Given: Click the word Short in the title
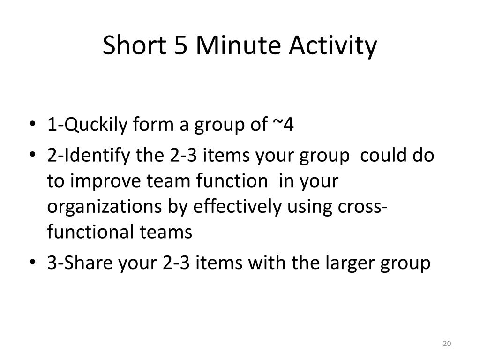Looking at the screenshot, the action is point(135,45).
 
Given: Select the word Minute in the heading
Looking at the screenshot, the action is point(238,45).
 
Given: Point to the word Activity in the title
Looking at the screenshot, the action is point(333,46).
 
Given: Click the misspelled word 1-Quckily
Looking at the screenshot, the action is point(87,125).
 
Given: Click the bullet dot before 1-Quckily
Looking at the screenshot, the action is point(32,124).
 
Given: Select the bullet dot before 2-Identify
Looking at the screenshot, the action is point(32,155).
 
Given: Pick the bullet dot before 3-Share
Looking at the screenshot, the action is point(32,262).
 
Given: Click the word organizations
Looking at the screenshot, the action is point(105,207).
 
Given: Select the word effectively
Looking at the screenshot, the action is point(237,207).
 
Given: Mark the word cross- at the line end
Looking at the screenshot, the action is point(362,207).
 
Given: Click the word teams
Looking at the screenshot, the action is point(166,232).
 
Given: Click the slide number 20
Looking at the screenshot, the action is point(447,344).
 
